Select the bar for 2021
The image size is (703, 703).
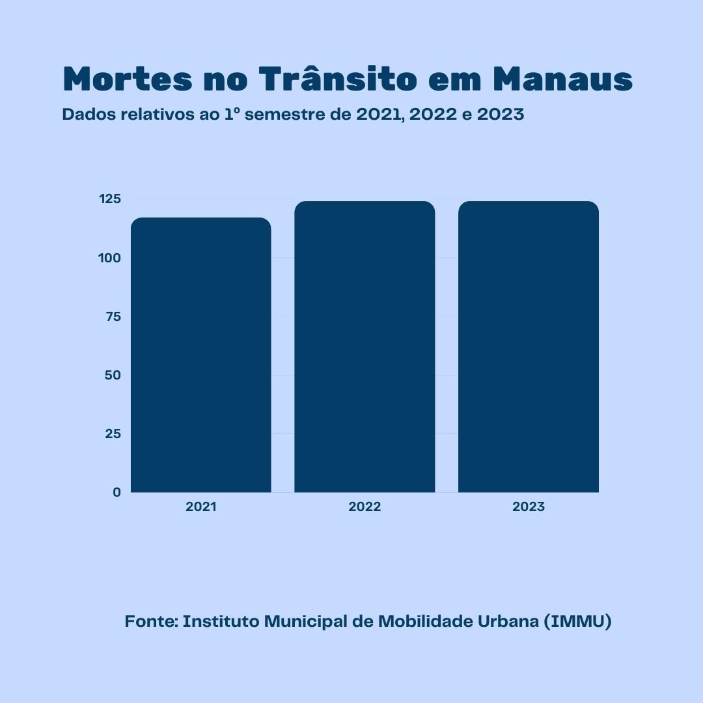[x=200, y=355]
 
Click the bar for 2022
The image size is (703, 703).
[x=365, y=347]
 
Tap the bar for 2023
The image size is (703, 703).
[x=529, y=347]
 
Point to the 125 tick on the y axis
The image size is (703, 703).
[x=110, y=199]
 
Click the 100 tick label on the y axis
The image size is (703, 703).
[x=110, y=258]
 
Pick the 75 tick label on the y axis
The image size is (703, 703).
[x=113, y=316]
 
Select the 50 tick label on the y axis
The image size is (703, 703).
[x=113, y=375]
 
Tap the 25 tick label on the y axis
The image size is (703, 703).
[x=113, y=434]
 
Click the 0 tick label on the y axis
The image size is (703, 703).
[x=117, y=492]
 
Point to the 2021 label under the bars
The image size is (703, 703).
[x=200, y=507]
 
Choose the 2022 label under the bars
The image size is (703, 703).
[x=365, y=507]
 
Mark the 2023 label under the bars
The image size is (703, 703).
[x=529, y=507]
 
